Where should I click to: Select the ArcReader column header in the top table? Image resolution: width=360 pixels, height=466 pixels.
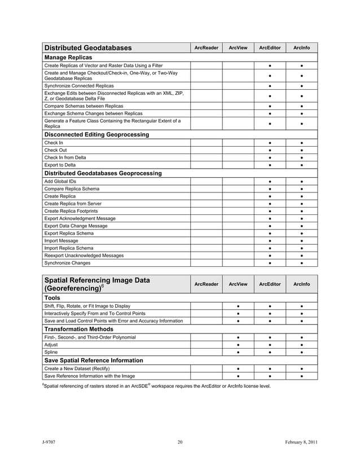[x=206, y=48]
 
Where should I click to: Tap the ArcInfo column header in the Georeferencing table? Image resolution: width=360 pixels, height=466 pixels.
[x=302, y=284]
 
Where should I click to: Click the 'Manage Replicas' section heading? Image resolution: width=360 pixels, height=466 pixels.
[x=68, y=58]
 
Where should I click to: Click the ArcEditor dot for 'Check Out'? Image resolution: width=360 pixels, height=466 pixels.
[x=270, y=150]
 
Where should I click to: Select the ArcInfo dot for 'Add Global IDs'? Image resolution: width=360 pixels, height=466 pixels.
[x=302, y=181]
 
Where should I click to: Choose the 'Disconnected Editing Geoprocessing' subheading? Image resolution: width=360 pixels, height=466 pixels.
[x=96, y=135]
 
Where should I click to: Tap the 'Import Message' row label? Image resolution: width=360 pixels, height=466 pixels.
[x=62, y=240]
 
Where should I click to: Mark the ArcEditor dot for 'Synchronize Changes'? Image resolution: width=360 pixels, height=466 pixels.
[x=270, y=263]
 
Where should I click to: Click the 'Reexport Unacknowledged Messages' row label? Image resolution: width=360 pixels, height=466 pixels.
[x=84, y=256]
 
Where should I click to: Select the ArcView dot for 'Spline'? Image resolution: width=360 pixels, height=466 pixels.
[x=238, y=352]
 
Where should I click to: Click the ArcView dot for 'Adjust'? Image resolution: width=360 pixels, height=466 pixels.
[x=238, y=345]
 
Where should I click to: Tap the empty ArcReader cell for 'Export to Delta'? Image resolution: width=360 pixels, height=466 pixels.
[x=206, y=165]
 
